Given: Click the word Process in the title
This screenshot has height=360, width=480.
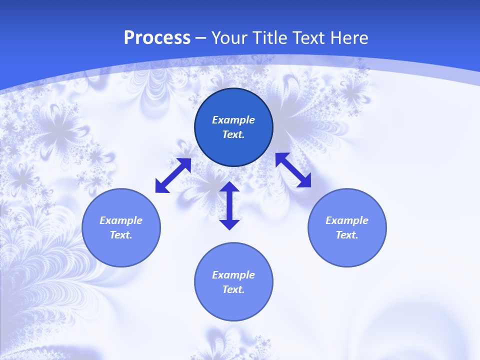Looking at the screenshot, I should click(157, 38).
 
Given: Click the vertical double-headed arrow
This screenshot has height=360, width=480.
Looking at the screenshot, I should click(229, 205).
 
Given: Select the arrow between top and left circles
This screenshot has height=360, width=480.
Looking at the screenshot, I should click(173, 175).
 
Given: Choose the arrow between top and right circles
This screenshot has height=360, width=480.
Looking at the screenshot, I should click(293, 170).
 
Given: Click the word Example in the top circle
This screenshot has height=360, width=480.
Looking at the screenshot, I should click(233, 120).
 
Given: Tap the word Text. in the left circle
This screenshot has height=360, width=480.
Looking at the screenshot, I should click(121, 235).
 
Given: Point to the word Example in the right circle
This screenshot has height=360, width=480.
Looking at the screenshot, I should click(347, 220).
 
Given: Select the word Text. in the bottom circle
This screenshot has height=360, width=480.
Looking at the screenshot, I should click(233, 289).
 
